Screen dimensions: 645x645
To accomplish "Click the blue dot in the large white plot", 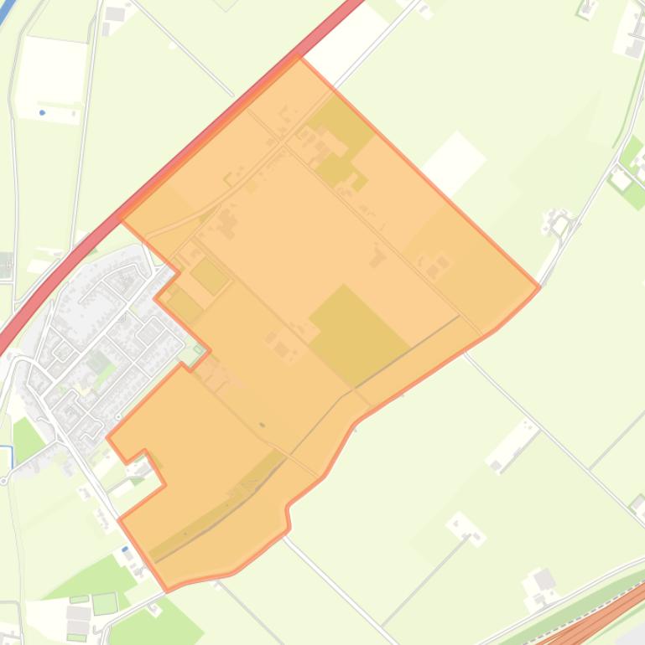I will click(x=42, y=112).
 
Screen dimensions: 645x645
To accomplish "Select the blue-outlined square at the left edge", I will click(x=4, y=457).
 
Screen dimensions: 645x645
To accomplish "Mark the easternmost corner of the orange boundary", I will click(x=538, y=288).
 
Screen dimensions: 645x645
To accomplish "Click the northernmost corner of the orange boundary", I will click(x=299, y=59).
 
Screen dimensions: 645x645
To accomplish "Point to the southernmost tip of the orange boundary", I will click(x=169, y=590).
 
